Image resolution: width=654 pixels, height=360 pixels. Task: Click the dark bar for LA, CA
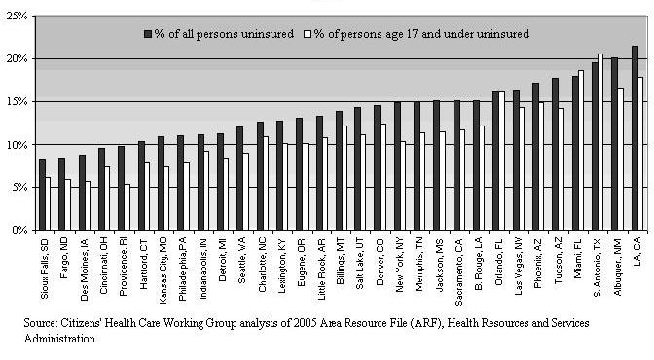[x=635, y=138]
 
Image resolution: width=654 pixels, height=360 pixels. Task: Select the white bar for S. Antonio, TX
[x=600, y=142]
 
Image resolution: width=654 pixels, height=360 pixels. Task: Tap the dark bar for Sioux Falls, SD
[x=42, y=195]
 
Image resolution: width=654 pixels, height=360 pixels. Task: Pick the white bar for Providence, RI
[x=127, y=207]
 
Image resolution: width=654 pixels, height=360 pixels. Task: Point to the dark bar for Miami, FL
[x=575, y=153]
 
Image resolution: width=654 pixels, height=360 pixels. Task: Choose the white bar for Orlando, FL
[x=502, y=161]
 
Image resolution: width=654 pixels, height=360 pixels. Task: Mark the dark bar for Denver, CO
[x=377, y=167]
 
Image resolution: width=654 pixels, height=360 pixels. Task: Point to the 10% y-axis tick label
[x=18, y=145]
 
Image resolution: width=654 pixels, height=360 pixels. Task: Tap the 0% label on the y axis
[x=19, y=231]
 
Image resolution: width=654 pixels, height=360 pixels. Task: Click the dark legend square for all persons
[x=148, y=34]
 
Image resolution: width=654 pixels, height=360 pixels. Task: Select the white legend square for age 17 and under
[x=309, y=34]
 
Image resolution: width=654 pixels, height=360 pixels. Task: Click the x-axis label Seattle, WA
[x=242, y=261]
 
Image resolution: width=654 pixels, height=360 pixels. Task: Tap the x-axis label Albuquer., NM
[x=618, y=268]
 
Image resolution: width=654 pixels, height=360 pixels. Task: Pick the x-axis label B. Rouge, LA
[x=479, y=264]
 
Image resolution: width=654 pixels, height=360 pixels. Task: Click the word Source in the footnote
[x=40, y=323]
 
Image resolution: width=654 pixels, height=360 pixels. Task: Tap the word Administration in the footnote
[x=61, y=339]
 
